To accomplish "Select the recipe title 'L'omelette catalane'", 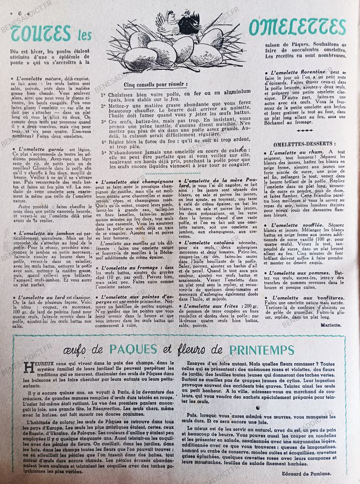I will coord(207,243).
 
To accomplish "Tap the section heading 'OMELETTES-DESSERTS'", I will coord(305,144).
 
